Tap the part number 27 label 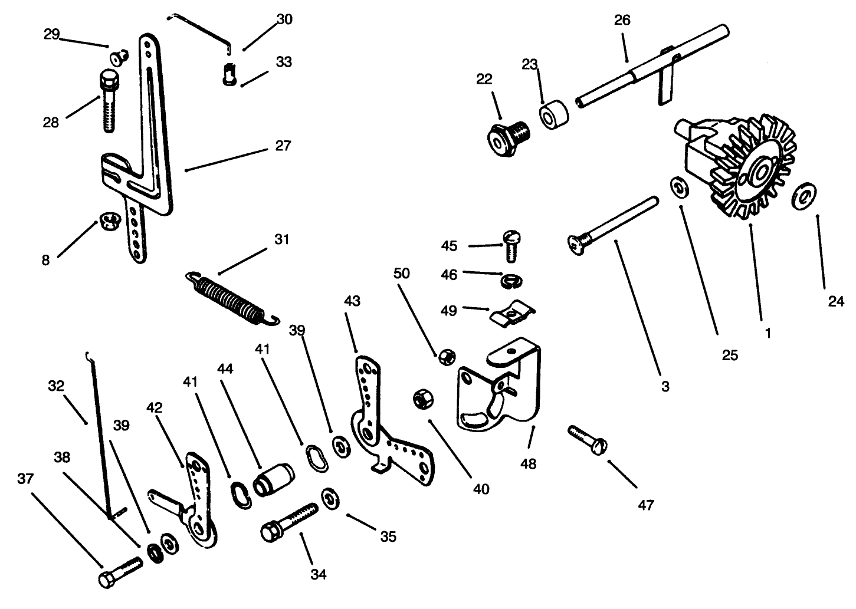(x=283, y=145)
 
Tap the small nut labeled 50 (x=445, y=357)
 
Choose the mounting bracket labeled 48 (x=501, y=389)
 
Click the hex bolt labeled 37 (x=120, y=572)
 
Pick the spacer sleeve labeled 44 (x=273, y=478)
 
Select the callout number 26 (x=622, y=20)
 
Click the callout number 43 (x=352, y=301)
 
